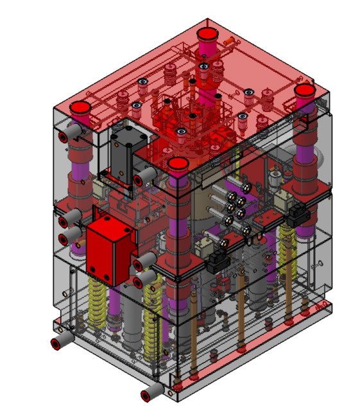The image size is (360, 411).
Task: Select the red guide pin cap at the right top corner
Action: point(304,91)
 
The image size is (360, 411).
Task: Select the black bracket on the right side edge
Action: point(299,217)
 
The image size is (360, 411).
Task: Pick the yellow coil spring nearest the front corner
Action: point(152,315)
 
